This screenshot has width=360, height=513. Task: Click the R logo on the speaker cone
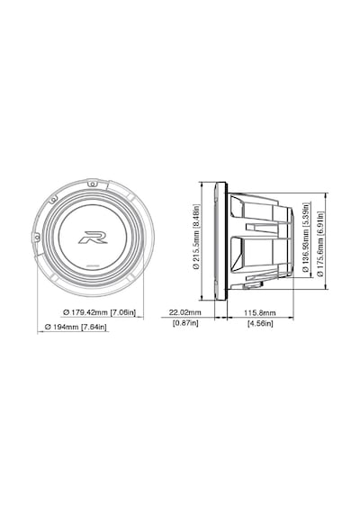(x=93, y=238)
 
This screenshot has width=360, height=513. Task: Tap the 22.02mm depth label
(x=184, y=312)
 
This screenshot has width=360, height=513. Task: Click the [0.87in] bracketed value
(x=185, y=323)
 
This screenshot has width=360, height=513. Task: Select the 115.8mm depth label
(x=260, y=312)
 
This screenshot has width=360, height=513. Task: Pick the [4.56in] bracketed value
(x=260, y=324)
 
